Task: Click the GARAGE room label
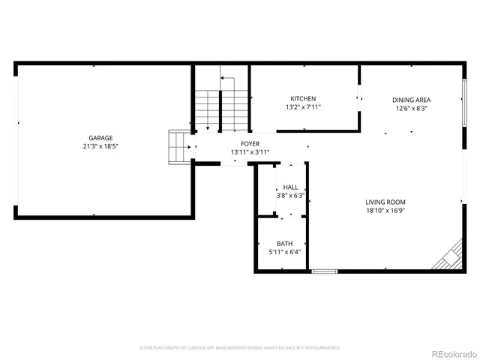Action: coord(100,138)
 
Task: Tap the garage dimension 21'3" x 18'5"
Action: coord(100,148)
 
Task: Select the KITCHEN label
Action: coord(303,99)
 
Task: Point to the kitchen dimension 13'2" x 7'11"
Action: coord(303,108)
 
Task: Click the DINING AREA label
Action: coord(411,99)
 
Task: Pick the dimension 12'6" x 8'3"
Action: coord(411,108)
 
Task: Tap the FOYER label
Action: coord(250,143)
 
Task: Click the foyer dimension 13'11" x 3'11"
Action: coord(250,152)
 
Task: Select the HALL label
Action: coord(290,187)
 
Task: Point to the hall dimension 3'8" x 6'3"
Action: coord(290,196)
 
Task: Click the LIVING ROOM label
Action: coord(385,202)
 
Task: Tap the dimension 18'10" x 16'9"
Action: coord(385,211)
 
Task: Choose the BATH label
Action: coord(285,244)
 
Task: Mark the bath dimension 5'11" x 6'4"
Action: coord(285,253)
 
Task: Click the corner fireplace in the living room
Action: coord(451,257)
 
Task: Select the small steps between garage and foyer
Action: coord(178,146)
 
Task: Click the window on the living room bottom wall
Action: coord(324,271)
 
